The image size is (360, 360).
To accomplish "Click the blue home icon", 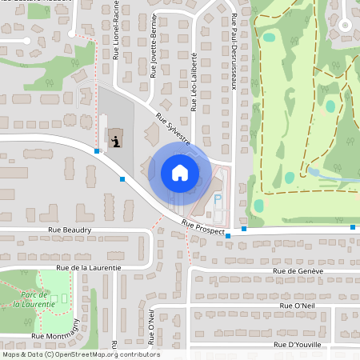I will (x=179, y=173).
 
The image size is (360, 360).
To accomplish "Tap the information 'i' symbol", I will (x=118, y=141).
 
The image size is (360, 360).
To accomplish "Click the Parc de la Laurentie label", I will (x=34, y=300).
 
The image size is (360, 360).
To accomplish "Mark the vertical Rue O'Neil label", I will (x=150, y=323).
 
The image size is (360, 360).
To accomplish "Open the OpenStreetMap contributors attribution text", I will (x=81, y=354).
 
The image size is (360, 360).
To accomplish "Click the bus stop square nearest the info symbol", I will (x=97, y=150).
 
